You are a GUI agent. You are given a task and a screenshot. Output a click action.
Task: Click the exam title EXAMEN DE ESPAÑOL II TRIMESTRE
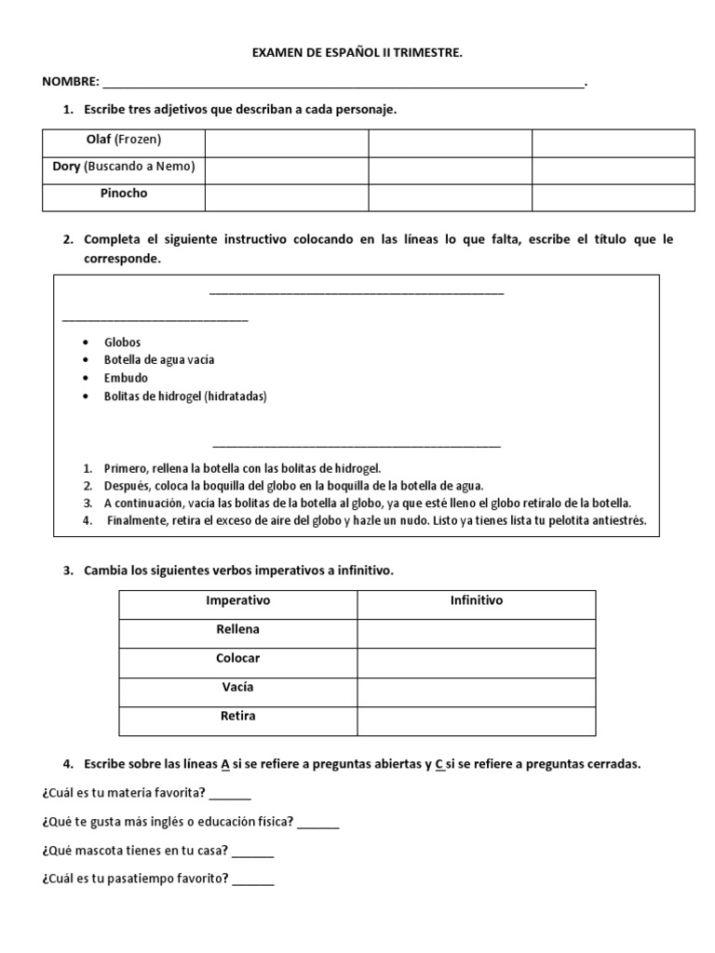click(x=357, y=54)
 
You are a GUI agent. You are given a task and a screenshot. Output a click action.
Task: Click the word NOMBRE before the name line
click(x=70, y=83)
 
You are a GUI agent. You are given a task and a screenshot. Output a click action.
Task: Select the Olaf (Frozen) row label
click(x=124, y=140)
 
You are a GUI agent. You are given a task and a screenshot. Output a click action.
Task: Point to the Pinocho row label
click(x=124, y=194)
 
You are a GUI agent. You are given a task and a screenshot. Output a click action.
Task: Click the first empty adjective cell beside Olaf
click(x=287, y=142)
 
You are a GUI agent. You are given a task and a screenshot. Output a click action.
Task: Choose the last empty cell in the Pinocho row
click(x=613, y=196)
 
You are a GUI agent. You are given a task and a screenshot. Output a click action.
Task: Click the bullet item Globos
click(x=123, y=342)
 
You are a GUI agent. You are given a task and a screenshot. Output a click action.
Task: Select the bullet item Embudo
click(x=126, y=378)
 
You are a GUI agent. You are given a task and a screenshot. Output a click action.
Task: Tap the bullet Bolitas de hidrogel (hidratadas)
click(x=185, y=396)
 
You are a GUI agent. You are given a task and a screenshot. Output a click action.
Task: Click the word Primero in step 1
click(x=125, y=468)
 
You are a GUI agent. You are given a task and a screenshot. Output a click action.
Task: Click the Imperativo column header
click(x=237, y=601)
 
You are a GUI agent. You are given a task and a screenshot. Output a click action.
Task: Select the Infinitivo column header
click(x=476, y=601)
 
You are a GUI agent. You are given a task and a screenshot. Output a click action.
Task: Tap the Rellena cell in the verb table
click(x=237, y=630)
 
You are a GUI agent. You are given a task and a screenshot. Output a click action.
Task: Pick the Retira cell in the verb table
click(x=237, y=717)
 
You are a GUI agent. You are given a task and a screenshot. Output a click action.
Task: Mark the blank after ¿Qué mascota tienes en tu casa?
click(x=253, y=852)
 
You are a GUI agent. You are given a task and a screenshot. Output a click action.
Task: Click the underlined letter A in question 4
click(x=224, y=764)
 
